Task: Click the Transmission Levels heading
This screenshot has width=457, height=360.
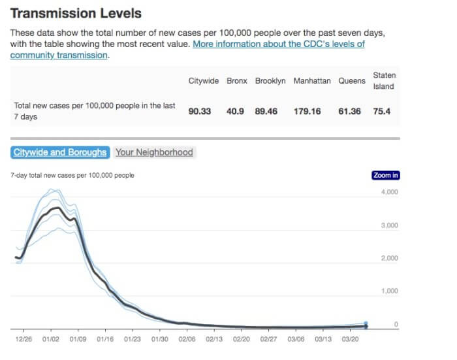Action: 76,13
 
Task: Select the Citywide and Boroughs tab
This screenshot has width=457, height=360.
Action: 59,152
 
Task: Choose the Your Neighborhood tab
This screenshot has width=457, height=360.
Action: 154,152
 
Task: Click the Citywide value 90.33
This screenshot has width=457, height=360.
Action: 199,112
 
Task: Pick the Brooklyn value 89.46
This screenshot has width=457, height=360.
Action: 266,112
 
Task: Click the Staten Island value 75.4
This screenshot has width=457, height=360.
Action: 382,112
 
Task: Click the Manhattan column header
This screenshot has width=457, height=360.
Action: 312,81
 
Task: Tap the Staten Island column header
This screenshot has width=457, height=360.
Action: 384,81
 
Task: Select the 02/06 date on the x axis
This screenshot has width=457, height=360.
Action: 187,340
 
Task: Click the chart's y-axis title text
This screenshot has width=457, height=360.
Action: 72,175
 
